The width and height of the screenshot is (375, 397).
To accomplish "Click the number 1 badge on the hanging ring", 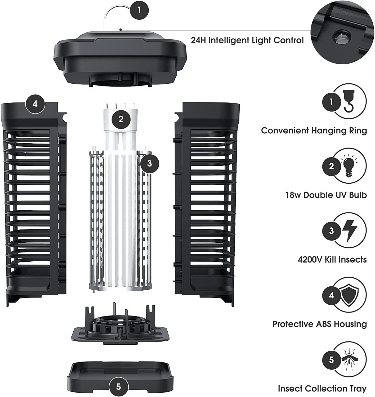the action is (139, 10).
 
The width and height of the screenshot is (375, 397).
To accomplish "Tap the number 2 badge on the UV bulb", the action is (121, 119).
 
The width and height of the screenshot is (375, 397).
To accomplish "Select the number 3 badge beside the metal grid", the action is (150, 164).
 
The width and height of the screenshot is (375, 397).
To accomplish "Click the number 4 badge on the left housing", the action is (35, 104).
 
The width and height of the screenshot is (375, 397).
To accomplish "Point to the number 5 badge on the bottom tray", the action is (118, 387).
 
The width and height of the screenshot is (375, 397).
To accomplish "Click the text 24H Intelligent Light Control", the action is (247, 40).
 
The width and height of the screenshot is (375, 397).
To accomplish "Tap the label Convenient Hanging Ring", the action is (314, 131).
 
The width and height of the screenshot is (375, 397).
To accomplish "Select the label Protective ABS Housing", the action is (320, 324).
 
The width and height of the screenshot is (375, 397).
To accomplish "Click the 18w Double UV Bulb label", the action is (326, 195).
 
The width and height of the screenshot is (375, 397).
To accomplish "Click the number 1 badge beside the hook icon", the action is (331, 102).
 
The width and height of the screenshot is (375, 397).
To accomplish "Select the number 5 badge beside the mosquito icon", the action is (331, 360).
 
